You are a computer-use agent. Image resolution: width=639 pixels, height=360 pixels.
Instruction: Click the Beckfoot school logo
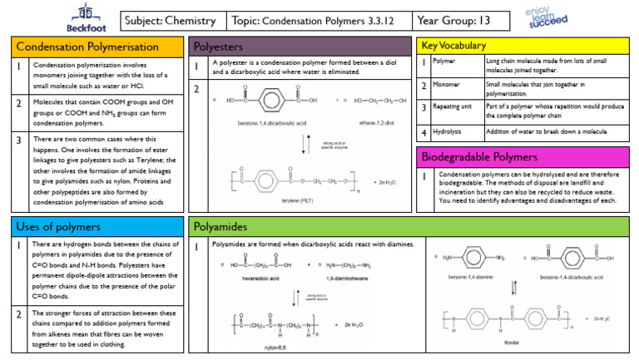[83, 17]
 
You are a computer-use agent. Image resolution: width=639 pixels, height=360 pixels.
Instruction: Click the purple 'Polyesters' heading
[220, 47]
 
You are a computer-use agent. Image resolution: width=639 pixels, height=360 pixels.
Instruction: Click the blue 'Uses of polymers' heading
[58, 226]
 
